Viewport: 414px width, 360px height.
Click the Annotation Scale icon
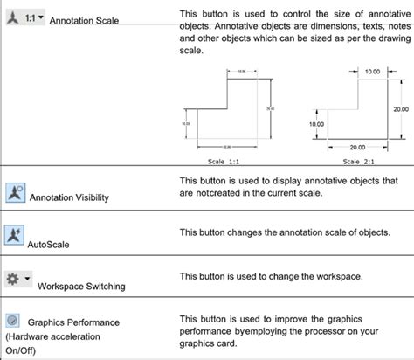[11, 17]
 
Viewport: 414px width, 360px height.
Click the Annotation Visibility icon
[16, 191]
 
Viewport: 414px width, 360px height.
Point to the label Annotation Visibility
[70, 198]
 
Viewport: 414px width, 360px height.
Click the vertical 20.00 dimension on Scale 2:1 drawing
[400, 109]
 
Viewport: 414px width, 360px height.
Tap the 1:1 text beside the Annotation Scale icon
[30, 17]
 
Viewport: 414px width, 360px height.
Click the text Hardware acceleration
[53, 336]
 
